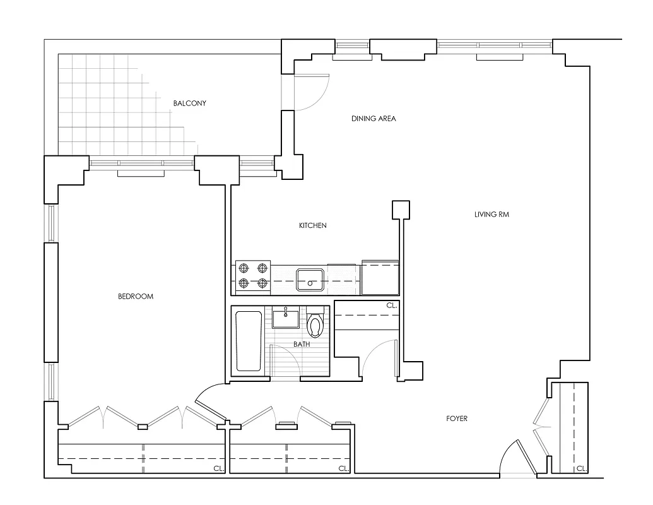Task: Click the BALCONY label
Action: point(190,103)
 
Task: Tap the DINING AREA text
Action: point(374,118)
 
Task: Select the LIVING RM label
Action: point(491,215)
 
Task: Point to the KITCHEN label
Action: point(313,225)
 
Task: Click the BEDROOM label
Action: point(136,296)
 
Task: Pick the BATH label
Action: point(302,344)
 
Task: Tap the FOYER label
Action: point(456,419)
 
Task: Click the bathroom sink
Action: point(286,317)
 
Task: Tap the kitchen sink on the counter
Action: point(310,279)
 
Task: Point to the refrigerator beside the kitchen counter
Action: point(380,278)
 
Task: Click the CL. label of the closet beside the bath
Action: point(392,306)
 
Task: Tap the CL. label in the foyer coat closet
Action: point(581,468)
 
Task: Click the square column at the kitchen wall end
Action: point(401,210)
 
